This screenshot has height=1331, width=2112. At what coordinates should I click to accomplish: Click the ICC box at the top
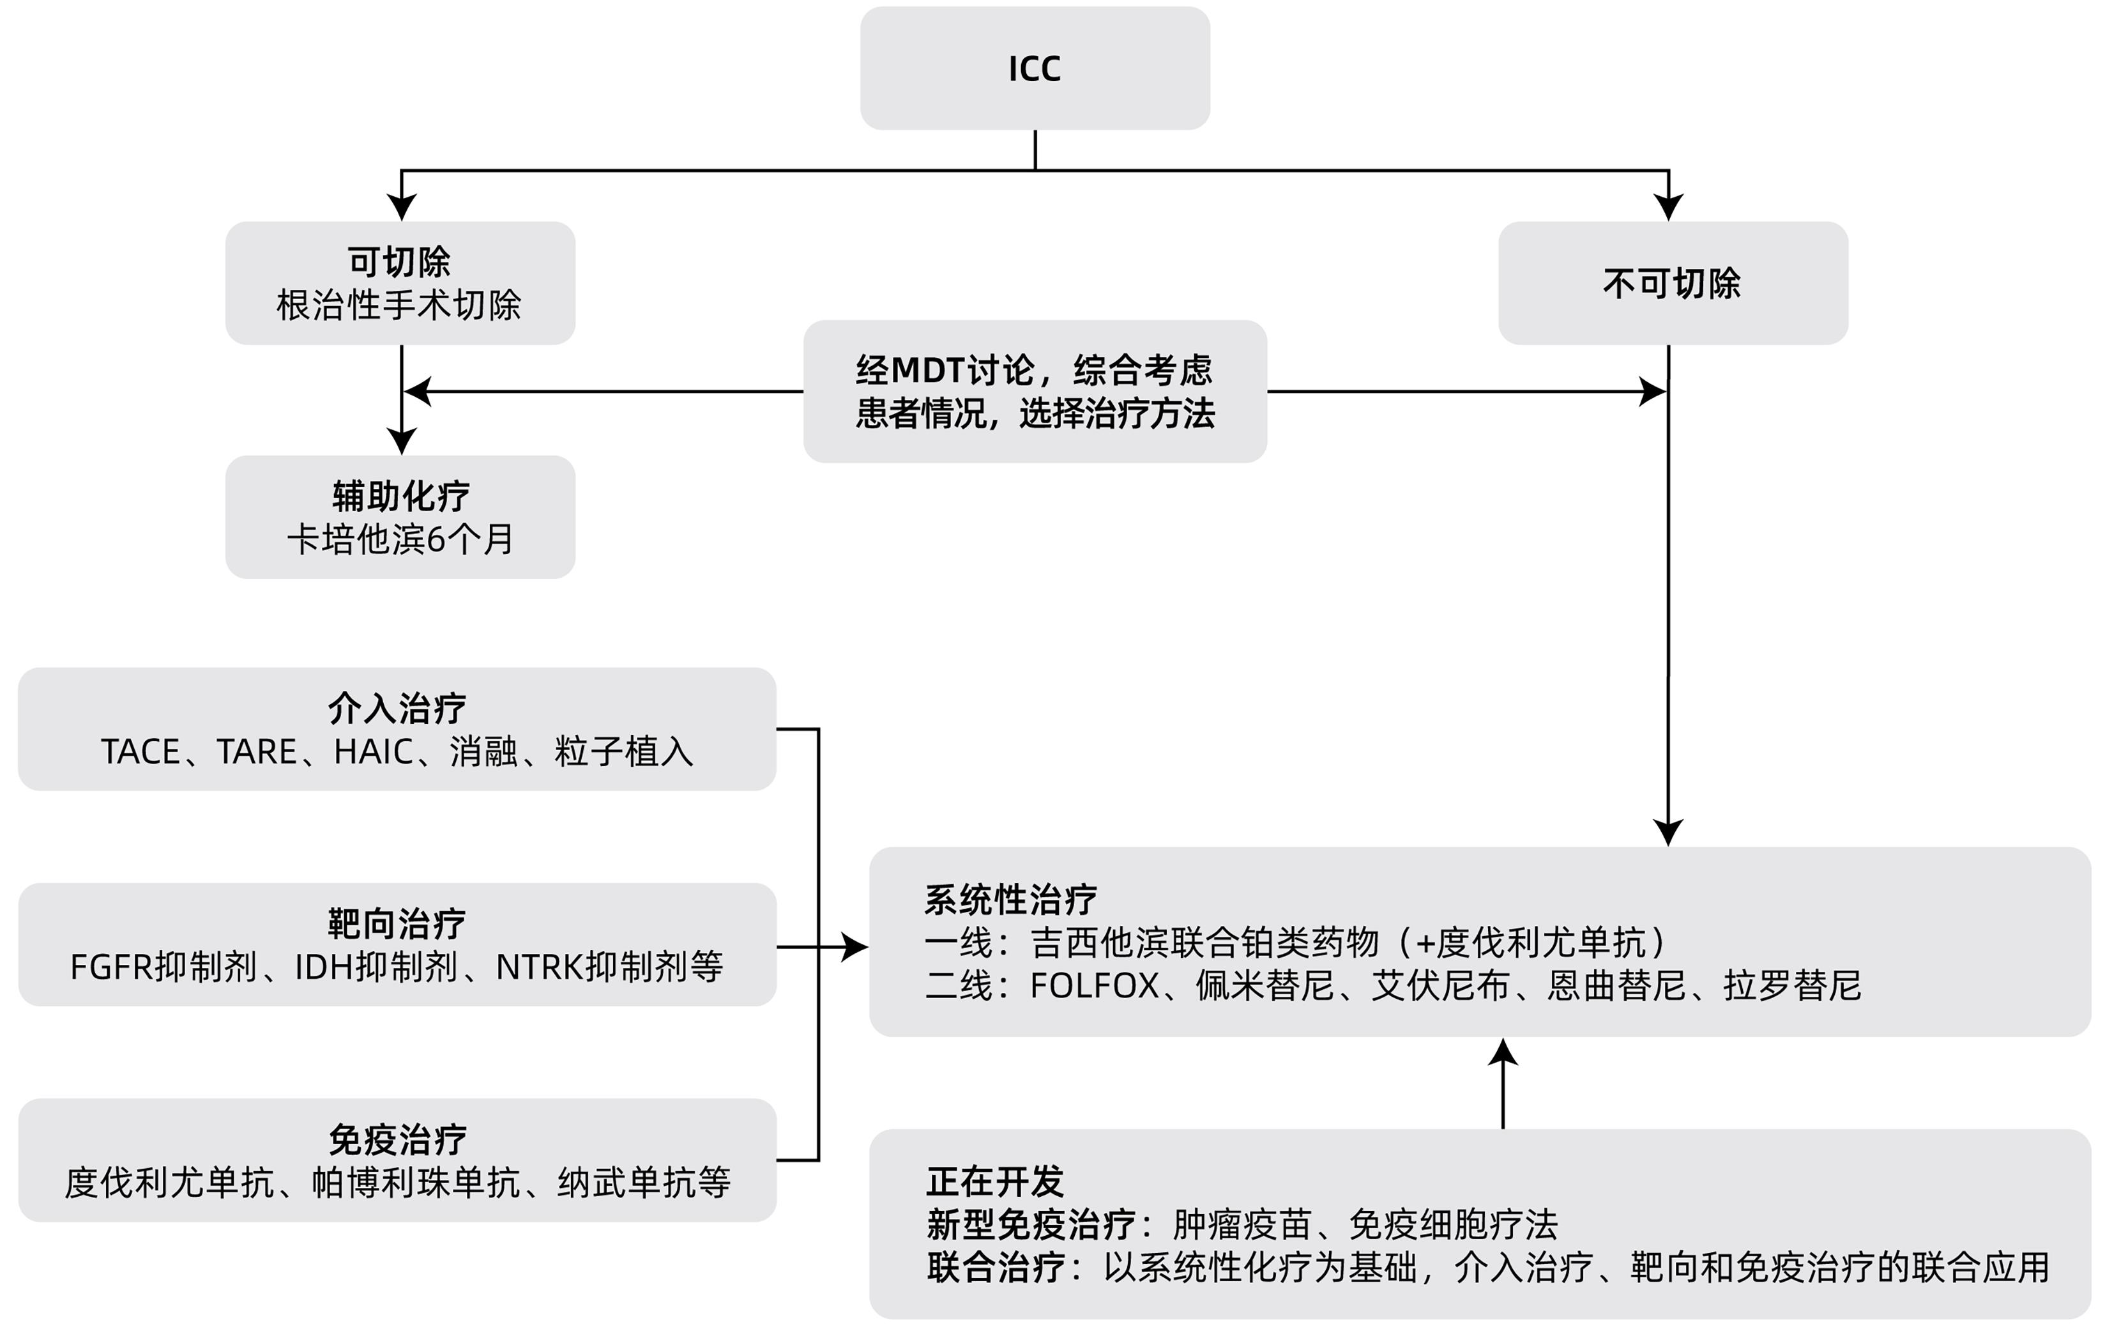pyautogui.click(x=1035, y=68)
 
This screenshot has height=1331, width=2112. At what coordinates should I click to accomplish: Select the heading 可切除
pyautogui.click(x=399, y=261)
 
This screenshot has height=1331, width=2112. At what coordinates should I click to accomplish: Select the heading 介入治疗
pyautogui.click(x=397, y=708)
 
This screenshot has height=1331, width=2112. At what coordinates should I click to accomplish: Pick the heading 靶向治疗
pyautogui.click(x=397, y=924)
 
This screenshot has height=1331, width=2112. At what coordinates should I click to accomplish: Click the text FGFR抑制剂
pyautogui.click(x=163, y=967)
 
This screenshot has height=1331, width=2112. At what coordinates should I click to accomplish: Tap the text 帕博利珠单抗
pyautogui.click(x=416, y=1183)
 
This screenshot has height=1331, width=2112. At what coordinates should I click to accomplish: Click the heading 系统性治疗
pyautogui.click(x=1010, y=899)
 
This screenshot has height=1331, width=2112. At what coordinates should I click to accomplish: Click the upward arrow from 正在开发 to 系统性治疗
pyautogui.click(x=1503, y=1084)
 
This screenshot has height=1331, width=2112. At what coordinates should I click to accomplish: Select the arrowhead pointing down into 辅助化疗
pyautogui.click(x=402, y=440)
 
